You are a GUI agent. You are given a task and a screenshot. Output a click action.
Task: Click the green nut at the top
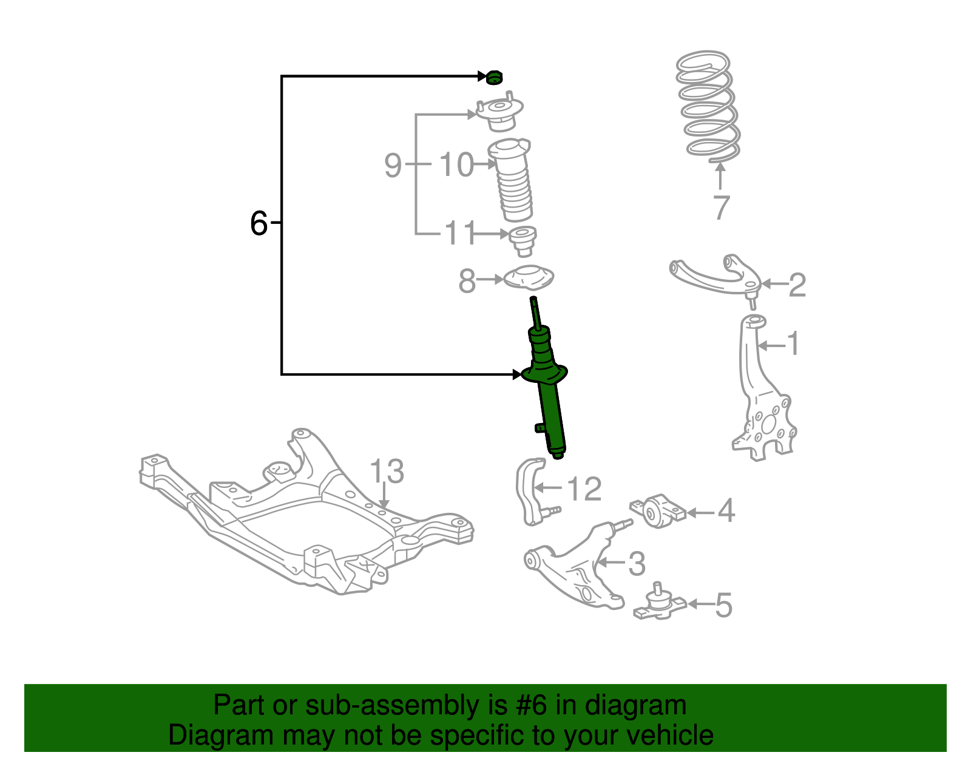495,78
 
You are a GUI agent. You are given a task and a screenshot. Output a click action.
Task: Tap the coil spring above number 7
708,107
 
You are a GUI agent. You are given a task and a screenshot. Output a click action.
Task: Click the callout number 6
259,223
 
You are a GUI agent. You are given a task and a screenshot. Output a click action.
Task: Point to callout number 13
386,472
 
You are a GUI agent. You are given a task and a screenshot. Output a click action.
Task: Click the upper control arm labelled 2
716,277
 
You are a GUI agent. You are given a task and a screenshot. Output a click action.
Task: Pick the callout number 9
393,164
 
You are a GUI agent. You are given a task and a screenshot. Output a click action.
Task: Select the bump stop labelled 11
522,241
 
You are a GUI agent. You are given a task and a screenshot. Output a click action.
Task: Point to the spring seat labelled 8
529,279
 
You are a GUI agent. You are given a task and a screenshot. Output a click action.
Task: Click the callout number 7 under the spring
720,208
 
